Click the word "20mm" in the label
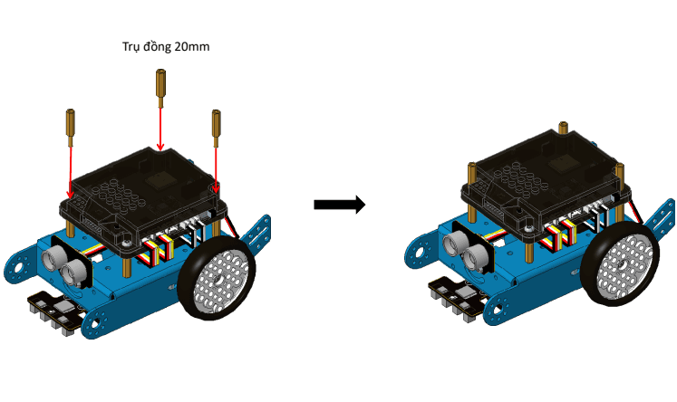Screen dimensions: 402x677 [x=191, y=45]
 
